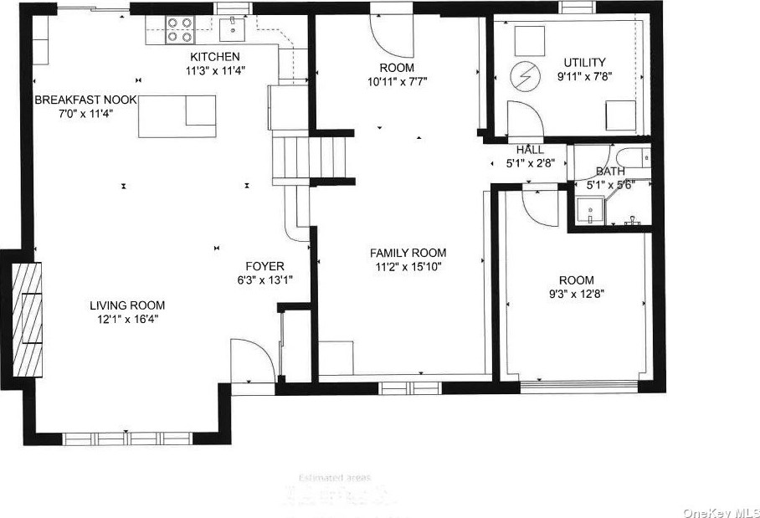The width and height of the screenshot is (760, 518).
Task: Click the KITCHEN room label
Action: [209, 57]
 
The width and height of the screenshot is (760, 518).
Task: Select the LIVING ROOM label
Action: [127, 305]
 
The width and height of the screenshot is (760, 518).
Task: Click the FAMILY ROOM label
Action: [408, 253]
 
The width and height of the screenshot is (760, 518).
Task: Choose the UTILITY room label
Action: [584, 62]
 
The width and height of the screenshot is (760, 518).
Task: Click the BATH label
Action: [610, 172]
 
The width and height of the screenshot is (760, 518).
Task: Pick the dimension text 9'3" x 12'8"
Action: [576, 294]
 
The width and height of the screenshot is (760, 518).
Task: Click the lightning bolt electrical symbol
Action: [524, 77]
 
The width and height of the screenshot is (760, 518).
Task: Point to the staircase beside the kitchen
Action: [309, 157]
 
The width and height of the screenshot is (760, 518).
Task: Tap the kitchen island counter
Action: [177, 116]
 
